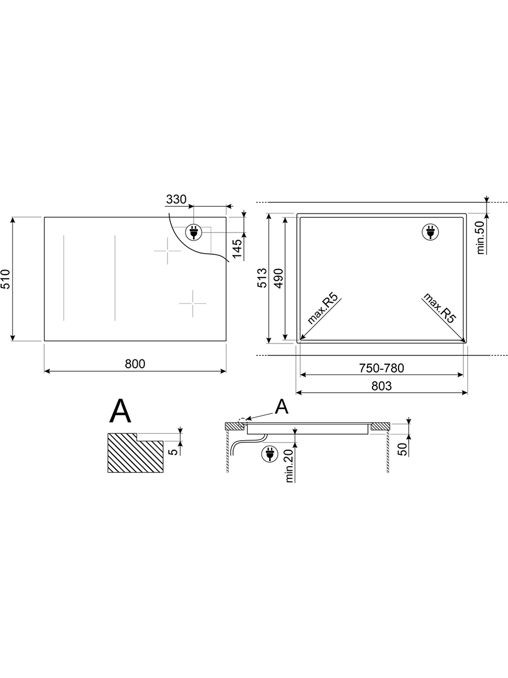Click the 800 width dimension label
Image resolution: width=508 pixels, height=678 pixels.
pyautogui.click(x=135, y=364)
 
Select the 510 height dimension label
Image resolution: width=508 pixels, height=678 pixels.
pyautogui.click(x=6, y=279)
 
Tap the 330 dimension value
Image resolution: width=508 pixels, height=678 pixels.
pyautogui.click(x=176, y=199)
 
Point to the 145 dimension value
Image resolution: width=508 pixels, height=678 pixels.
pyautogui.click(x=237, y=249)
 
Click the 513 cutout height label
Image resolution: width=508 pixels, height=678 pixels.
pyautogui.click(x=262, y=278)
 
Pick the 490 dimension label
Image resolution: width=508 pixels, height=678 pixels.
pyautogui.click(x=278, y=279)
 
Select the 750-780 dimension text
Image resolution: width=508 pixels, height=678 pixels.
pyautogui.click(x=381, y=368)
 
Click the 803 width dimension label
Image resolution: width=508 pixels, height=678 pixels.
pyautogui.click(x=381, y=386)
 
